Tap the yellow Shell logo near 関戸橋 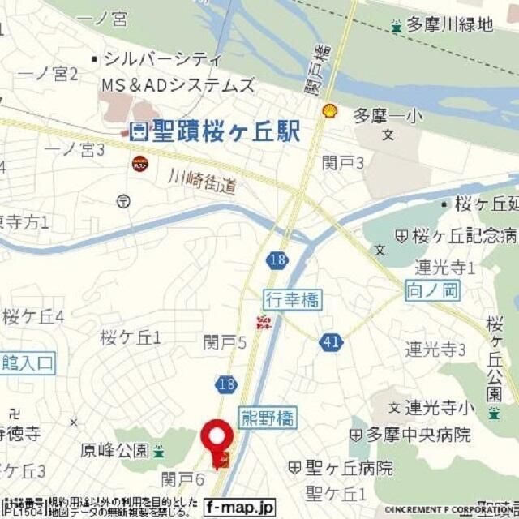329,111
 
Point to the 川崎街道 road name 204,181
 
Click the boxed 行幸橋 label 292,300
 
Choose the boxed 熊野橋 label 268,418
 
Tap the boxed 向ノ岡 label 427,288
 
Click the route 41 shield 330,342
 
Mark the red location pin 217,438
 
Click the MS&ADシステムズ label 178,84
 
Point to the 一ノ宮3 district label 75,150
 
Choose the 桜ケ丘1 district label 131,337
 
